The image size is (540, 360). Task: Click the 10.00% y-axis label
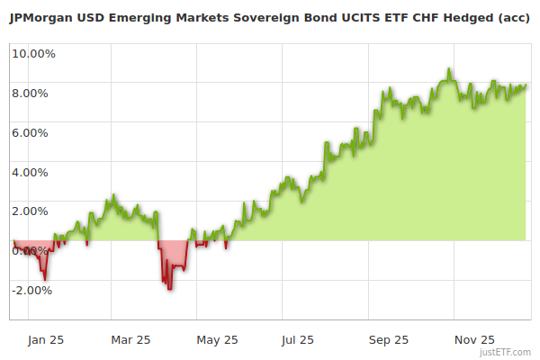33,53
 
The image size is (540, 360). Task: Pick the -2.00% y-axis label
33,291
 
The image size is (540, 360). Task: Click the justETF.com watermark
506,353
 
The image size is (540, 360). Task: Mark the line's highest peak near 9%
449,69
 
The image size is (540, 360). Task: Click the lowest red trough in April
169,288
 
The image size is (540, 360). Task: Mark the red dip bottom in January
45,279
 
